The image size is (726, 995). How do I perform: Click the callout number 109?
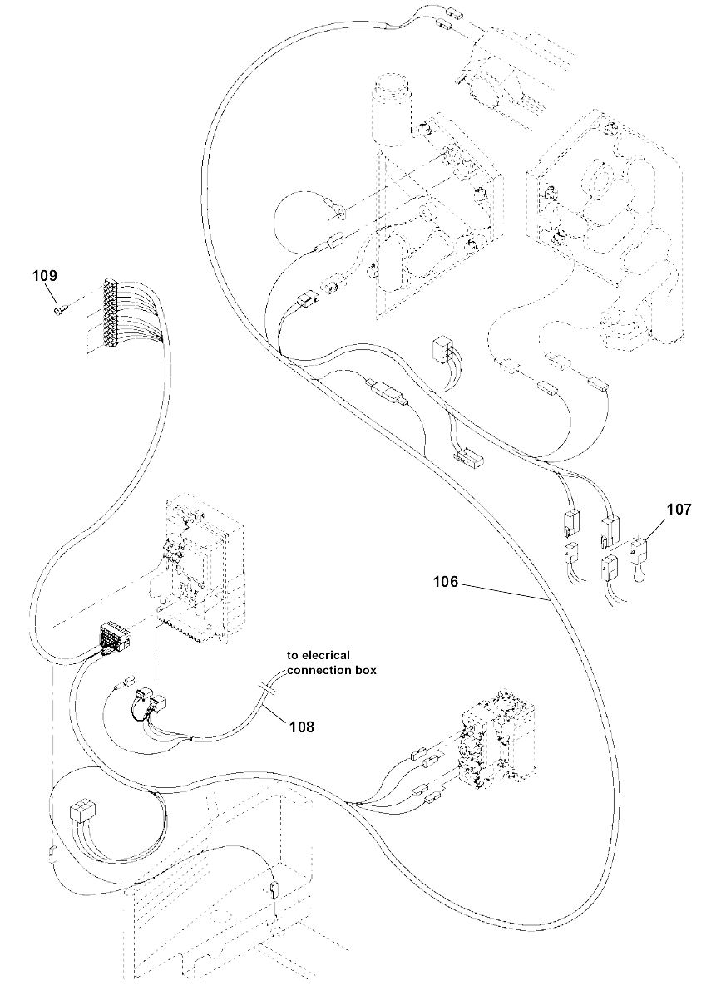pyautogui.click(x=44, y=275)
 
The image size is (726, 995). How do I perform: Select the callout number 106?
pyautogui.click(x=446, y=582)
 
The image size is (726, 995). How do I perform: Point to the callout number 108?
pyautogui.click(x=302, y=726)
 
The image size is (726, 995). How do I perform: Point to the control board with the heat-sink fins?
pyautogui.click(x=200, y=574)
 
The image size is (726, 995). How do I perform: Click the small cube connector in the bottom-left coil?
pyautogui.click(x=84, y=809)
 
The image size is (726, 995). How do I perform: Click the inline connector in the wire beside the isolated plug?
pyautogui.click(x=385, y=391)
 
